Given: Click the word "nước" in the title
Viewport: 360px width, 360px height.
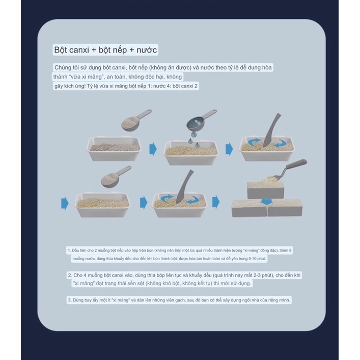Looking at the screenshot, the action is pos(147,50).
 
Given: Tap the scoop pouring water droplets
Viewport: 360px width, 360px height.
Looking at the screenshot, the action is pos(201,122).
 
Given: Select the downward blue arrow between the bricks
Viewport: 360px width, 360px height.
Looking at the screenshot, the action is pos(266,202).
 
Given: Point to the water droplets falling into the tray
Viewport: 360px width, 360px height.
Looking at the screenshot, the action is pos(194,141).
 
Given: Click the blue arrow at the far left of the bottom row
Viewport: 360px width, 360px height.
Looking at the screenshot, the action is pos(65,203).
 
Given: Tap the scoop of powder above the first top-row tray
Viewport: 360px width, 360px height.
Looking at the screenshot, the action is pos(136,120).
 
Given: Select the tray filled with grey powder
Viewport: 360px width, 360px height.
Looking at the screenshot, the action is pos(114,149).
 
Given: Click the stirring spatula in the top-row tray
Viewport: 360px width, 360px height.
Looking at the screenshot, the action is pos(271,130).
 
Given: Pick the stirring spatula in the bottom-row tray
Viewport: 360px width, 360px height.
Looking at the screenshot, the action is pos(184,187).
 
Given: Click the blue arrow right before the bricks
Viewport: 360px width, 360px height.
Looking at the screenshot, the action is pos(216,202).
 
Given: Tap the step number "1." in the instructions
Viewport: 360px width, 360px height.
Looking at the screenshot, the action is pos(69,250).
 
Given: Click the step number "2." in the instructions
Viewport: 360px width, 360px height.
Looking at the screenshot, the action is pos(70,275).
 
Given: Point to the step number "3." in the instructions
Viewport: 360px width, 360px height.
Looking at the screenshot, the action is pos(70,300).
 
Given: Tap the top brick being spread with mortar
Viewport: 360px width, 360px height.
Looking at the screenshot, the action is pos(265,189).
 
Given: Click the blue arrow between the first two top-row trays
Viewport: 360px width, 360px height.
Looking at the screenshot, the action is pos(153,149).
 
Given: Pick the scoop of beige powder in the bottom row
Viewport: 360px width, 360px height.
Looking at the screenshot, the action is pos(116,176).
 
